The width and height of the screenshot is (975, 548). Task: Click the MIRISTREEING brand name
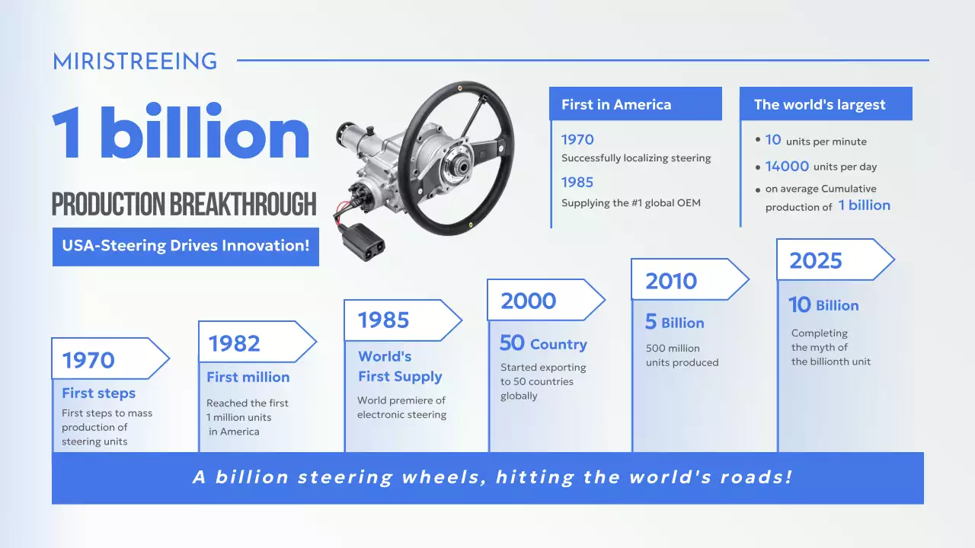135,62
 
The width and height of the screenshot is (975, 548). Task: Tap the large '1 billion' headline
181,134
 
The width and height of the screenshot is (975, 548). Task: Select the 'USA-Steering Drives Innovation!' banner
185,247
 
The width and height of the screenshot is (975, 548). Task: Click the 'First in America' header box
635,104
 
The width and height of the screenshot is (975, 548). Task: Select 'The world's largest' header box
825,104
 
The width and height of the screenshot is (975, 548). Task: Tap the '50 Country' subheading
543,344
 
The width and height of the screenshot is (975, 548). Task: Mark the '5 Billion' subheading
674,323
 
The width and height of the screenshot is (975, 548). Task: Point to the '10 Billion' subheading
823,305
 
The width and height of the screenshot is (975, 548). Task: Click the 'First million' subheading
248,377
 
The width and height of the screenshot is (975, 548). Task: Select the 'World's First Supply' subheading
400,366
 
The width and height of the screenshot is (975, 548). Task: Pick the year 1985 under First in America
577,182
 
